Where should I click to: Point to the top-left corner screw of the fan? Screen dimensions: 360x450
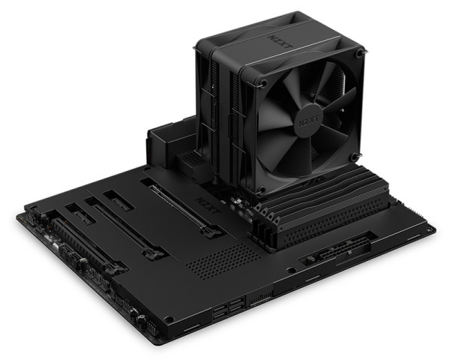[x=264, y=82]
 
